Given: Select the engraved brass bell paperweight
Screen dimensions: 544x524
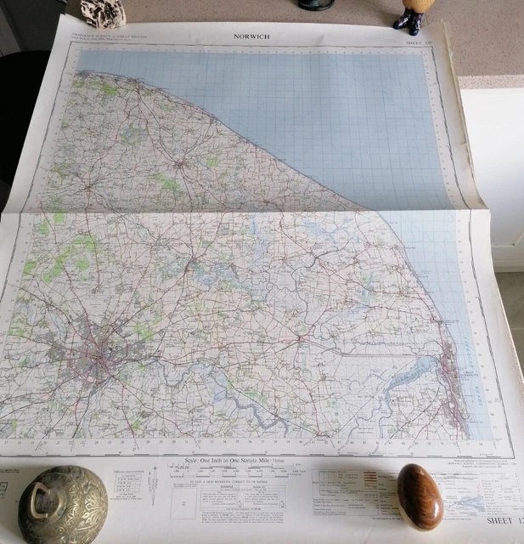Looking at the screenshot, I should tap(63, 507).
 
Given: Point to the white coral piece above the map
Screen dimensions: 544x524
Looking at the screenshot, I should tap(103, 12).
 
